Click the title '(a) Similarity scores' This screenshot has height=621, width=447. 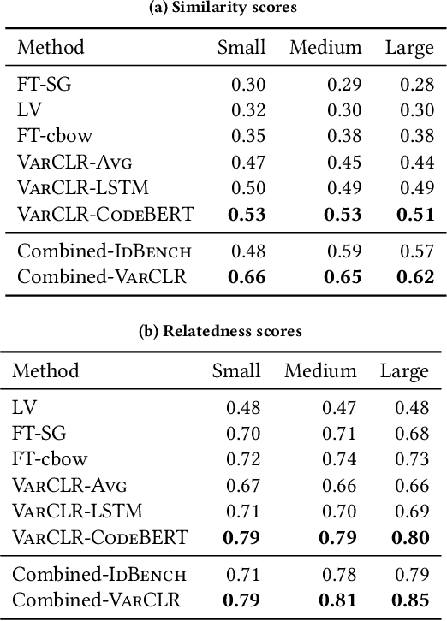223,8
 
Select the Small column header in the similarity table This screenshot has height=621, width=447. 241,47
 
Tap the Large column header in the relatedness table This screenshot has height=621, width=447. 404,370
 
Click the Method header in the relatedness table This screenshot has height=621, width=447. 45,370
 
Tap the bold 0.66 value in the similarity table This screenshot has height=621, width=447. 248,276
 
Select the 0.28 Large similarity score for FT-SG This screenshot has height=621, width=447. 417,84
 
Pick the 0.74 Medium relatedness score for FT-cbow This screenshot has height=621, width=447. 338,459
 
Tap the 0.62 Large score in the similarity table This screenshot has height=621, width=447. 417,276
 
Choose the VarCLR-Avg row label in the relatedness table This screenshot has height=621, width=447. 69,485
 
